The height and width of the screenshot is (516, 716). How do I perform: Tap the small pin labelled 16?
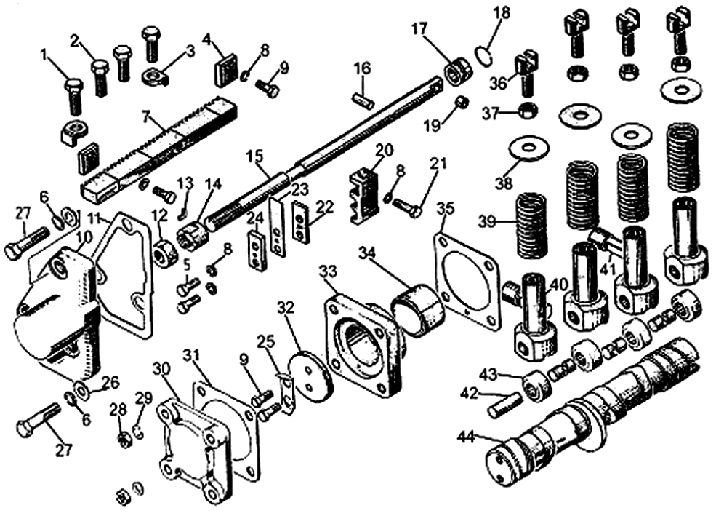pyautogui.click(x=361, y=97)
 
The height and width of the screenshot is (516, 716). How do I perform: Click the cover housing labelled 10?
pyautogui.click(x=55, y=306)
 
